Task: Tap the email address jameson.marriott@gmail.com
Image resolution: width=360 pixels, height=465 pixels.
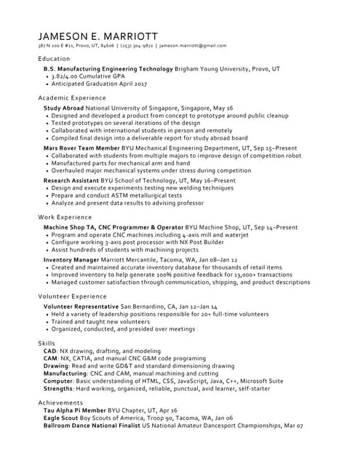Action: pos(193,46)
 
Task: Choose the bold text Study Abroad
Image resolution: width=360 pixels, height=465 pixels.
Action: pos(64,108)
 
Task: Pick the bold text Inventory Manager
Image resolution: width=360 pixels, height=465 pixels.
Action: pos(71,259)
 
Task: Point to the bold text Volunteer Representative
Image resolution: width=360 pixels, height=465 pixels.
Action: pos(81,307)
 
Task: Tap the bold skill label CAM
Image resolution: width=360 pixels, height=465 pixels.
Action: pos(50,358)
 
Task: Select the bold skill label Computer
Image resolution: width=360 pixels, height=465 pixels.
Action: pos(58,381)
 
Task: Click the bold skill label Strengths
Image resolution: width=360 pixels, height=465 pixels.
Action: pos(59,389)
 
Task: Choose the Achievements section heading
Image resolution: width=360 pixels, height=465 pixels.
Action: pos(61,403)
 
